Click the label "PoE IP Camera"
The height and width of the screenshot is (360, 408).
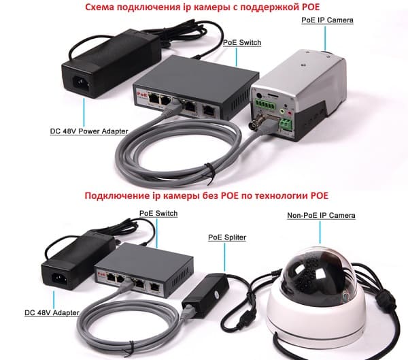coord(327,20)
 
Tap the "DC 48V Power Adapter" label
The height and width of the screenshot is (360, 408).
coord(89,131)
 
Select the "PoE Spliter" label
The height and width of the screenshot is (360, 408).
coord(227,238)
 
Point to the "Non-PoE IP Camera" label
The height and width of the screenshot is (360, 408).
coord(320,216)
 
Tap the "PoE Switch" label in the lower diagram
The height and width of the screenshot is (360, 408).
coord(158,214)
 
